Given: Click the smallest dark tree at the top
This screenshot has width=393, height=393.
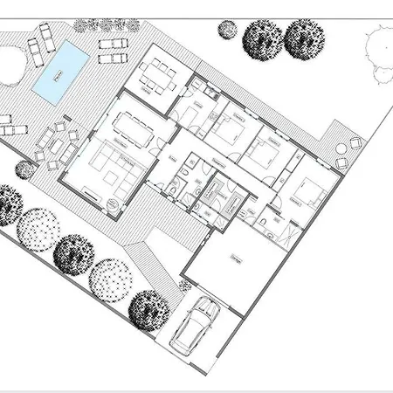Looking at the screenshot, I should (227, 30).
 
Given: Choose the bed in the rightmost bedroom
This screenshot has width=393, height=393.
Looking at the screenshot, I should (307, 192).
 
